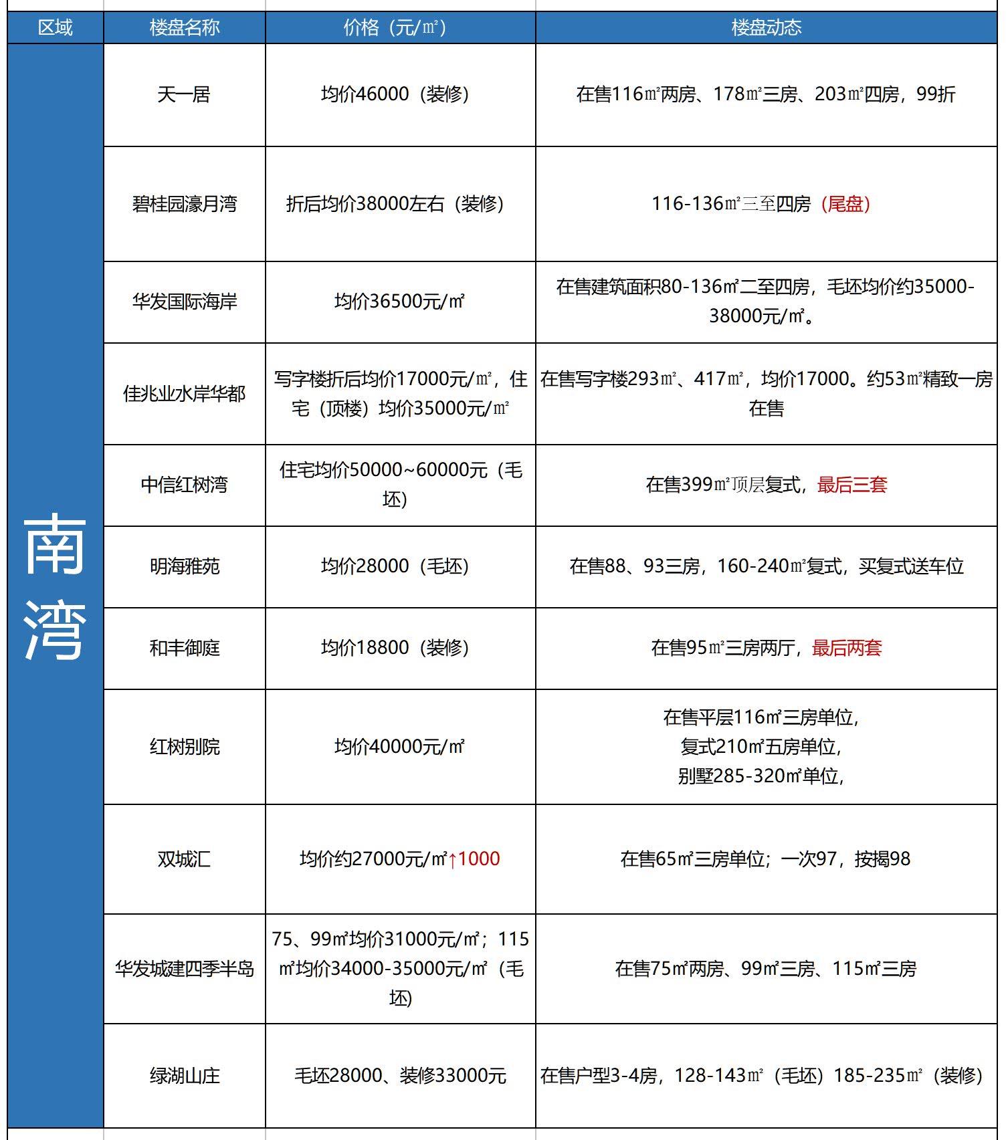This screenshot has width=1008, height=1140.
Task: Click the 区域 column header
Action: pos(55,27)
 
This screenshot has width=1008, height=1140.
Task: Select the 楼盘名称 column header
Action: pos(184,27)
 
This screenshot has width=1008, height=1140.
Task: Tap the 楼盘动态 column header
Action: pos(766,27)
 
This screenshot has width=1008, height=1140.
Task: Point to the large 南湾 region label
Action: pos(55,587)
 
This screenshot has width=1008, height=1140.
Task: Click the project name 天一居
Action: pos(184,94)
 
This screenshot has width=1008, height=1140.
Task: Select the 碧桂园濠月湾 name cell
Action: pos(184,204)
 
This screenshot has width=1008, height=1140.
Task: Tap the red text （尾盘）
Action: pos(845,204)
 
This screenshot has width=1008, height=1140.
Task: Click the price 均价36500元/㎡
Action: pos(399,302)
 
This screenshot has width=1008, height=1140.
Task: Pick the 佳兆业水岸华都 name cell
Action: pos(184,394)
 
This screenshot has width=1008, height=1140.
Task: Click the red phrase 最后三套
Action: pos(851,485)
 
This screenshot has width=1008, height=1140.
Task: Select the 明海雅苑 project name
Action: pos(184,566)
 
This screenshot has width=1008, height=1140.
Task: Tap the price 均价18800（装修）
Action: pos(395,648)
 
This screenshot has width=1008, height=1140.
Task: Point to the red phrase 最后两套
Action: pos(847,648)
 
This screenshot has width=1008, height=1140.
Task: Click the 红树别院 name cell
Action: pos(184,746)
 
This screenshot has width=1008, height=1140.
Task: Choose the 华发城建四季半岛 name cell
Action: pos(184,968)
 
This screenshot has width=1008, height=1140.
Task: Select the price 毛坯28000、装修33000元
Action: pos(400,1076)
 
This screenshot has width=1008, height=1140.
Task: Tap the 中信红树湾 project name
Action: pos(184,485)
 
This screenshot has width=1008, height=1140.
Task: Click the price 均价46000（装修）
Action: pos(395,94)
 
